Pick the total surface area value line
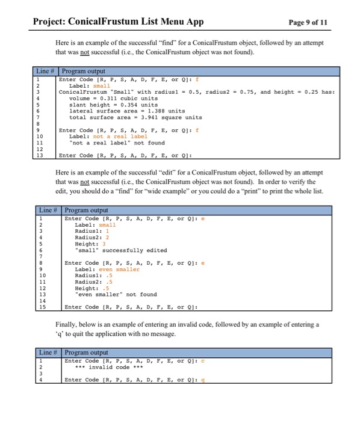(126, 117)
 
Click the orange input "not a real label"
(117, 137)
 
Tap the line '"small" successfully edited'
(120, 250)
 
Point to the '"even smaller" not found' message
(115, 294)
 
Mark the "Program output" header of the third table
(85, 352)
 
